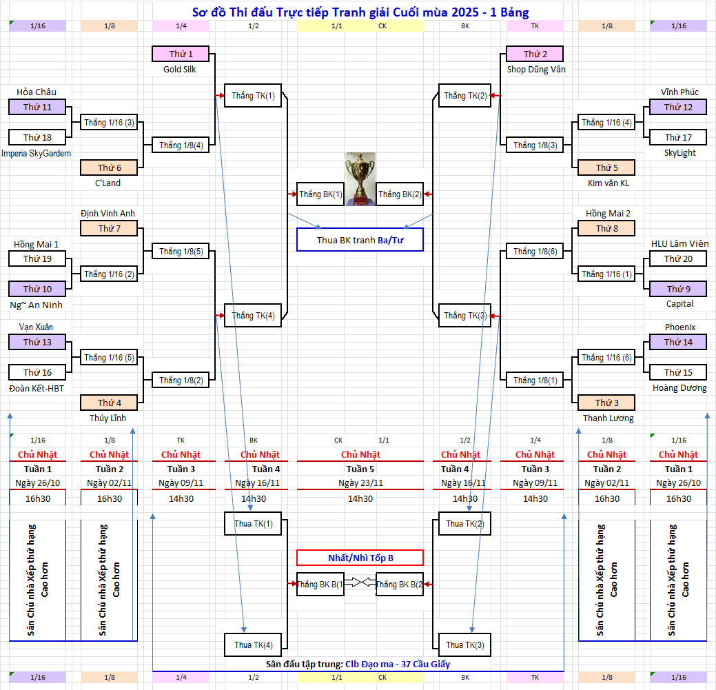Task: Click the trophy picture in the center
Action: (x=360, y=178)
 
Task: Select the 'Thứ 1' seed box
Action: (x=181, y=54)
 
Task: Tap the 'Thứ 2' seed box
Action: (x=535, y=54)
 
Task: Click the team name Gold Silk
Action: (x=180, y=69)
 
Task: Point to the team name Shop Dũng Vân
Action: (x=535, y=69)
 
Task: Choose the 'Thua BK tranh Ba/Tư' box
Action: (x=360, y=240)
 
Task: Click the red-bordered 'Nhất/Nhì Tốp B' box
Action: (x=360, y=558)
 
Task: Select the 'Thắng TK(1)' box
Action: (x=253, y=96)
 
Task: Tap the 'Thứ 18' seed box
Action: (x=37, y=137)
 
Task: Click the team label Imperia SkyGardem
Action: (x=37, y=153)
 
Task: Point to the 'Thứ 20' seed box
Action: (x=678, y=258)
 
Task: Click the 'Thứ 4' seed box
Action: (x=110, y=403)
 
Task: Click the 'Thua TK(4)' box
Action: (x=253, y=645)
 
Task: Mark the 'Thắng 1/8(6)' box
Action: (x=535, y=252)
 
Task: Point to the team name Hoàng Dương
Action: (x=679, y=387)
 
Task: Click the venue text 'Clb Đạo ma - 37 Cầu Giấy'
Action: (x=407, y=664)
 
